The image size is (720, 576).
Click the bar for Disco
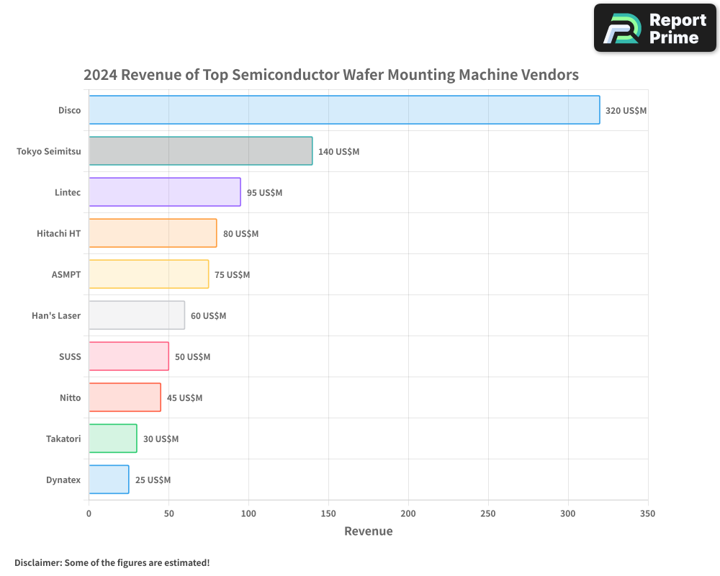tap(344, 110)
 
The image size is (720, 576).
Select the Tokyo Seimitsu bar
tap(201, 151)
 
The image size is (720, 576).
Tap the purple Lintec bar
tap(165, 192)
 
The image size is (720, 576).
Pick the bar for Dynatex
tap(109, 480)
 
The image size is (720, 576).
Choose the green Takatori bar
tap(113, 438)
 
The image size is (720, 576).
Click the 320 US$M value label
tap(626, 111)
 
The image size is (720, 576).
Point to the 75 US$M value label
tap(232, 275)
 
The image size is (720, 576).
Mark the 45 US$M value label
tap(184, 398)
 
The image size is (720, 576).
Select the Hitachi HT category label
tap(58, 234)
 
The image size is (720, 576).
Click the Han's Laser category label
tap(56, 316)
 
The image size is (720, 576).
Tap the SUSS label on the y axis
tap(70, 357)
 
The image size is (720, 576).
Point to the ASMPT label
tap(66, 275)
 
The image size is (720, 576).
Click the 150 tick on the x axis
tap(328, 514)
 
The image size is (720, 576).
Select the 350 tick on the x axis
tap(648, 514)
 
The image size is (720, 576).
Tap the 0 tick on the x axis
tap(89, 514)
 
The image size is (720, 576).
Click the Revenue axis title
tap(369, 531)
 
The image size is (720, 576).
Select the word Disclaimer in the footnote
tap(37, 562)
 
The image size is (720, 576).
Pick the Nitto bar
tap(125, 397)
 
